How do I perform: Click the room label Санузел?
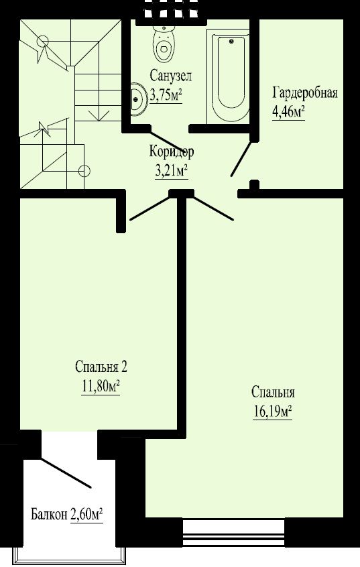[x=171, y=76]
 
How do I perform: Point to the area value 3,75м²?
[x=166, y=96]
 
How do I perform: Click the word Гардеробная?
[x=305, y=92]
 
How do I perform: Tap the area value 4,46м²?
[x=288, y=112]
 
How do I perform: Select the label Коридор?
[x=172, y=151]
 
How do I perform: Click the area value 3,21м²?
[x=171, y=171]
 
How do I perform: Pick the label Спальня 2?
[x=101, y=367]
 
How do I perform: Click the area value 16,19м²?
[x=272, y=412]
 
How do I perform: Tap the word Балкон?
[x=49, y=514]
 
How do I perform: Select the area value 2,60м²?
[x=86, y=514]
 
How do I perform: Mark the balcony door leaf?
[x=65, y=473]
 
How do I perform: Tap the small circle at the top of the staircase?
[x=43, y=42]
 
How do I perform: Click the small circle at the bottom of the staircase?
[x=84, y=170]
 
